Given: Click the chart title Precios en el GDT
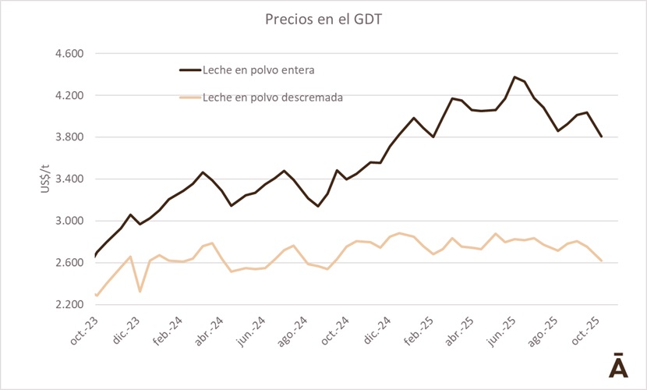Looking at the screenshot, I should click(x=323, y=19).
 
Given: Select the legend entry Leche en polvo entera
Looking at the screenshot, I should click(x=257, y=70).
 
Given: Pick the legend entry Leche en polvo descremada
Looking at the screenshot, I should click(x=272, y=97).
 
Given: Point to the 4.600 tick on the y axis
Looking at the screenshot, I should click(x=67, y=54).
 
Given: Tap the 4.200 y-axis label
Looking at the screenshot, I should click(x=67, y=96).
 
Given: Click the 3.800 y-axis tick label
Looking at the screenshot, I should click(x=67, y=137).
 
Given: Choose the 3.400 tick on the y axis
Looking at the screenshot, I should click(x=67, y=179).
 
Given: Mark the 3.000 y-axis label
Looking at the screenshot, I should click(x=67, y=221).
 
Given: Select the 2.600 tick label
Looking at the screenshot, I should click(x=67, y=263).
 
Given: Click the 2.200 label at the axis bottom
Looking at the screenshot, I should click(x=67, y=304).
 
